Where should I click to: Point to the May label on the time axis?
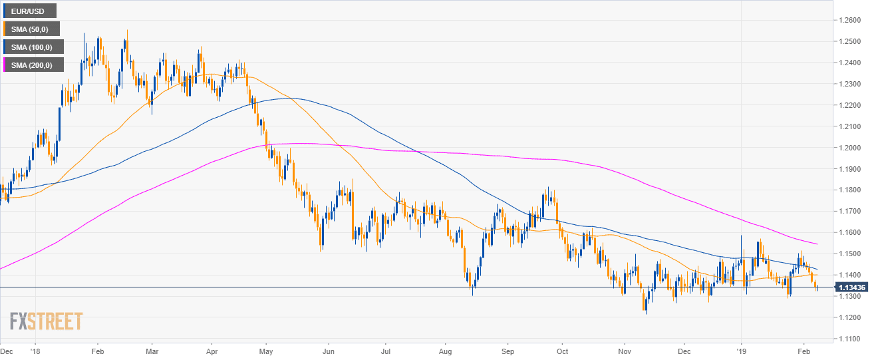point(266,349)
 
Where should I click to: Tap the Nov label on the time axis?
point(624,349)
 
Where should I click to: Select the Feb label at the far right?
point(804,349)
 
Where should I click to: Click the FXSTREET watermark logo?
point(46,321)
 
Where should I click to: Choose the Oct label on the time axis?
point(562,349)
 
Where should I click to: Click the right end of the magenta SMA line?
point(817,244)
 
